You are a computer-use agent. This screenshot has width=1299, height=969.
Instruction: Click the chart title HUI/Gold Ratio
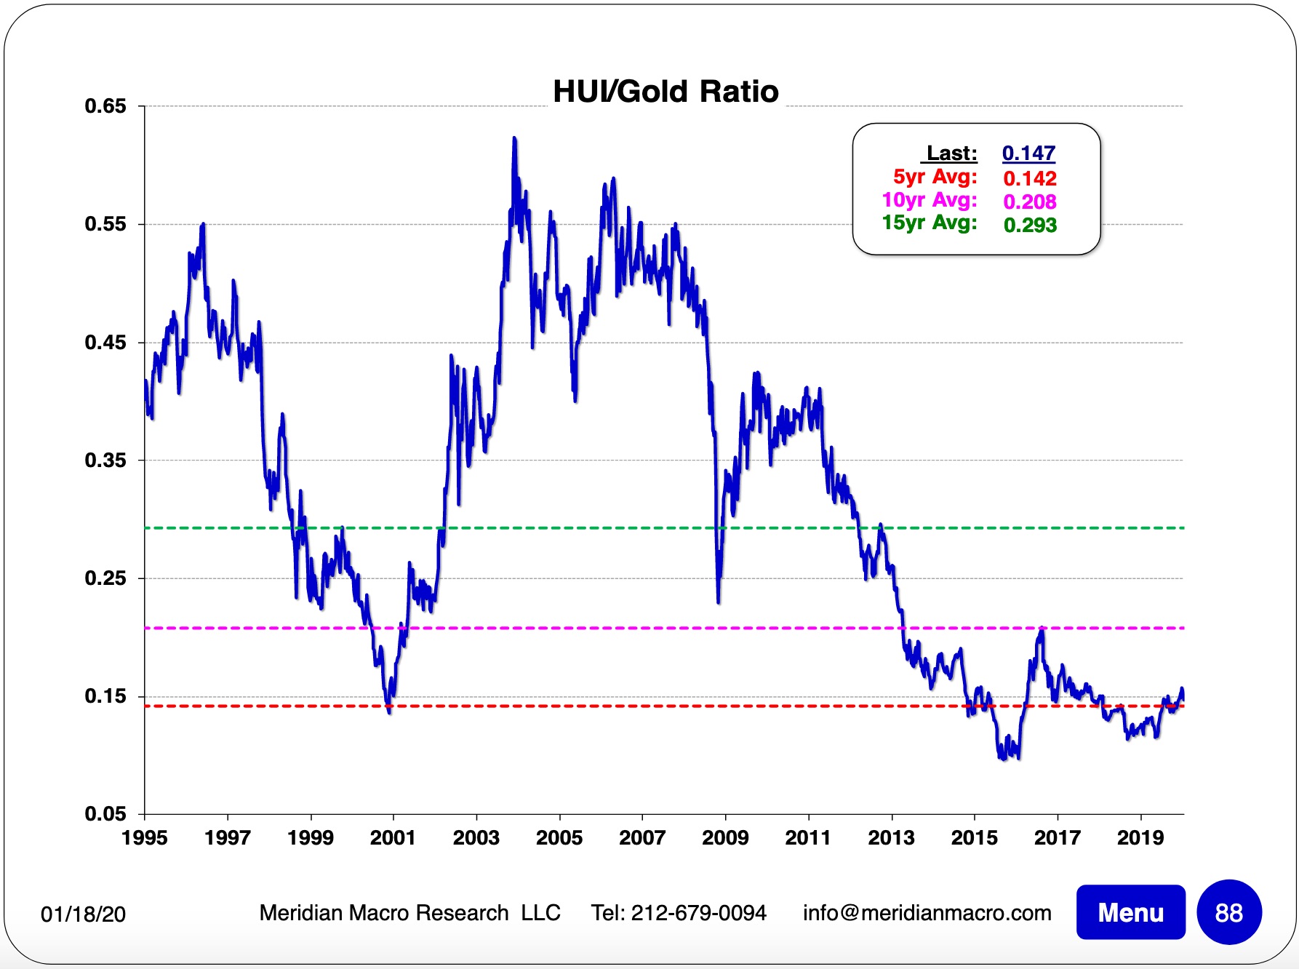click(666, 92)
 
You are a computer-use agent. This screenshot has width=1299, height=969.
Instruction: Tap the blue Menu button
click(1130, 912)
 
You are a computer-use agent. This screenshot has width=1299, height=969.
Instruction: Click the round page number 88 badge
click(1228, 912)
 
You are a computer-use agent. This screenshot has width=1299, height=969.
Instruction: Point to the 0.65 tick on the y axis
click(105, 106)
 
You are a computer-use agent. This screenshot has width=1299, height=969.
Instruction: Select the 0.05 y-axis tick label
click(105, 814)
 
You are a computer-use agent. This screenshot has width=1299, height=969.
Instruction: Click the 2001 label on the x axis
click(393, 838)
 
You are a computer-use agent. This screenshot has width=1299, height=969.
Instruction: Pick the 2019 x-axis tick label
click(1140, 838)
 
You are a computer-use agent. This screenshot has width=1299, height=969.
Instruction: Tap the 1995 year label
click(145, 838)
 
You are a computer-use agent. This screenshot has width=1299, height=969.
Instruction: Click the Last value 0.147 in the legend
click(1028, 153)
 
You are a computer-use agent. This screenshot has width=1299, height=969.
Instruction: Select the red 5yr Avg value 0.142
click(1029, 178)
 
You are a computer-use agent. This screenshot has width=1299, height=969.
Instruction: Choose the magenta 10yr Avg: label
click(929, 200)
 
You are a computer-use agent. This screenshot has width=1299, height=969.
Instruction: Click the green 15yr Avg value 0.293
click(1030, 225)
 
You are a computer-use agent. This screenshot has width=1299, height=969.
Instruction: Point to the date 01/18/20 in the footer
click(83, 914)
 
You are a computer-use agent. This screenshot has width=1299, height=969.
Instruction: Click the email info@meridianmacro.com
click(927, 913)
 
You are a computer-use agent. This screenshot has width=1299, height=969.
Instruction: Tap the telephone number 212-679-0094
click(698, 913)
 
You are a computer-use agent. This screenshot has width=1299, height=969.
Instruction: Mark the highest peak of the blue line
click(514, 138)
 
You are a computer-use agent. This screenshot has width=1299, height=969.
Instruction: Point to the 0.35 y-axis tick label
click(105, 460)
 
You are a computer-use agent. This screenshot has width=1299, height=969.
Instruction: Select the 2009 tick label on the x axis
click(725, 838)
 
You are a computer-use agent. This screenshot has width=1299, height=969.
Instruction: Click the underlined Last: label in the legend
click(951, 153)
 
